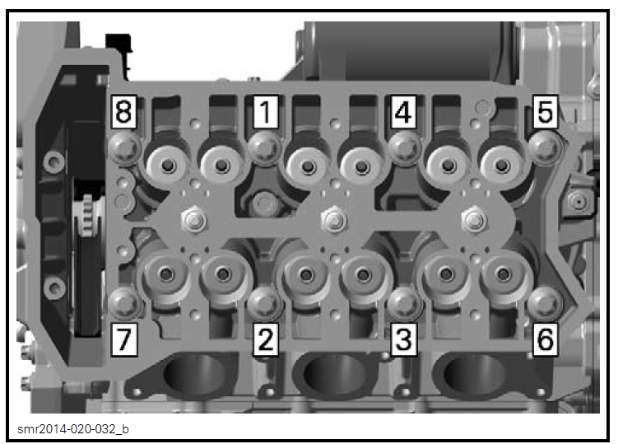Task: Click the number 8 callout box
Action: tap(124, 112)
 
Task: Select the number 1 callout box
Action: tap(264, 112)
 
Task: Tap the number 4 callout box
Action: tap(402, 112)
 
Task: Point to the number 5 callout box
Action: tap(545, 112)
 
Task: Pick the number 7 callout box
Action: tap(124, 339)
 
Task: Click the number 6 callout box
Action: tap(545, 339)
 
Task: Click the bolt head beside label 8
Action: tap(124, 147)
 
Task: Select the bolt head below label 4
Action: tap(402, 147)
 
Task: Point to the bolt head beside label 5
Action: tap(544, 147)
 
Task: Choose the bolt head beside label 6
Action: tap(543, 303)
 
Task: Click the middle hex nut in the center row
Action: tap(332, 219)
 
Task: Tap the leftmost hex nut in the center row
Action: tap(193, 219)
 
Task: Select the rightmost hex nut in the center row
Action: tap(472, 219)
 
